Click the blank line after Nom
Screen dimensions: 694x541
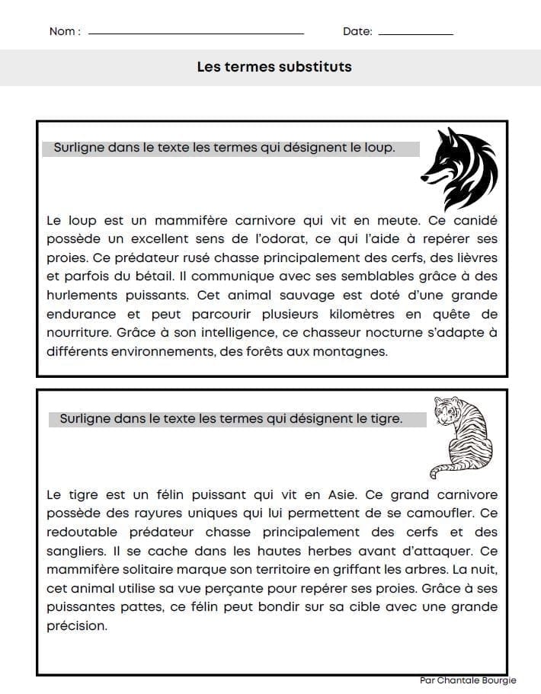click(x=196, y=34)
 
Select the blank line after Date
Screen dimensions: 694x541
click(x=415, y=34)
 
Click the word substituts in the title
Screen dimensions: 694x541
click(x=314, y=67)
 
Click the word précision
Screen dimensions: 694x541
click(x=77, y=626)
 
